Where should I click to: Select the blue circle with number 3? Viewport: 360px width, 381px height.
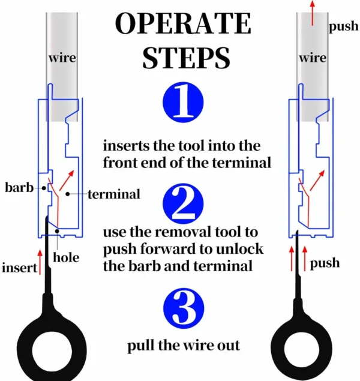coord(182,307)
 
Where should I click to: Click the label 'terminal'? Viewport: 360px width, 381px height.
coord(113,194)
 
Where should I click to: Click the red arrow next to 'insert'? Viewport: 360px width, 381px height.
coord(40,262)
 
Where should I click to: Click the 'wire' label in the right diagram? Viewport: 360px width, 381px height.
coord(313,58)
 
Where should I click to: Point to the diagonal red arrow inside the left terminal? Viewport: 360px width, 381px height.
coord(70,178)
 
